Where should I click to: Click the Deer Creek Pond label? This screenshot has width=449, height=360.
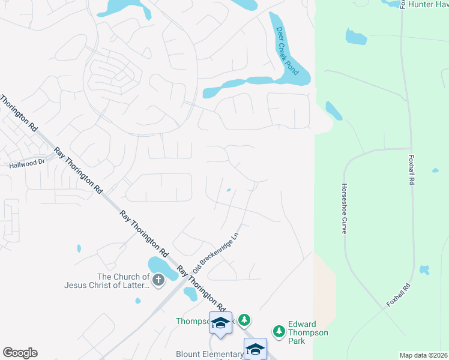tap(287, 50)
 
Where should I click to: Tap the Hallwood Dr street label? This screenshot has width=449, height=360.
tap(27, 163)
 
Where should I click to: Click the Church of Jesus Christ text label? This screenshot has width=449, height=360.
tap(107, 281)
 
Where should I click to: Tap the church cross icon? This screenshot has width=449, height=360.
tap(158, 279)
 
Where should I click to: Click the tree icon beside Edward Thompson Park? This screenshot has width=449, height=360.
tap(279, 331)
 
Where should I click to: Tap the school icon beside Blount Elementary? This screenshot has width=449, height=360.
tap(255, 349)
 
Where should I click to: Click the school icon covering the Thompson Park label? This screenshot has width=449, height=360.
tap(220, 323)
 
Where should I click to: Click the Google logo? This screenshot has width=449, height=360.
tap(20, 353)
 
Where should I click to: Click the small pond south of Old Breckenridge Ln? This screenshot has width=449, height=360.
tap(190, 293)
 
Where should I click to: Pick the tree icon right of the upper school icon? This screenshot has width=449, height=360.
tap(244, 320)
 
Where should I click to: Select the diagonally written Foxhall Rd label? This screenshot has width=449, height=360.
tap(399, 295)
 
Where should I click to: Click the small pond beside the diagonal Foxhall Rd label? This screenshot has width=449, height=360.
tap(425, 270)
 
